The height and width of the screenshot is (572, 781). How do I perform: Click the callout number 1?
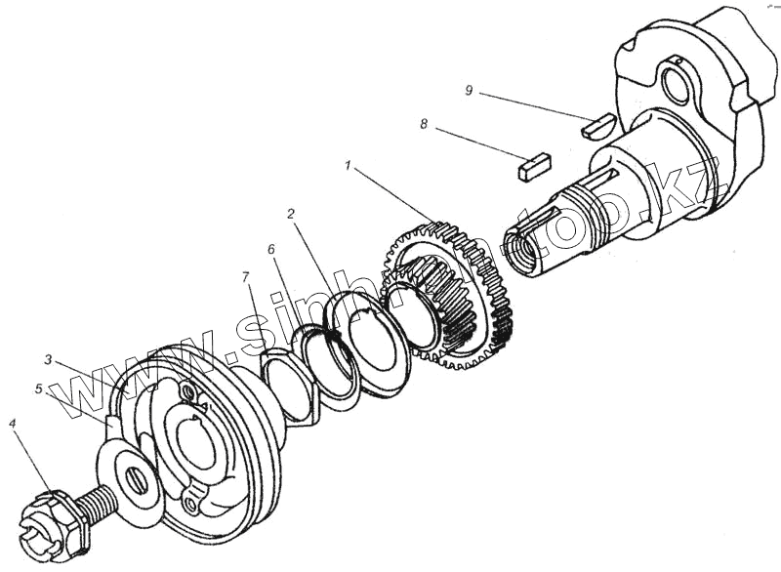(x=348, y=167)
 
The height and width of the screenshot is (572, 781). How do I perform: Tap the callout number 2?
(x=291, y=213)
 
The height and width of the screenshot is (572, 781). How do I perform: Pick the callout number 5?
(x=39, y=388)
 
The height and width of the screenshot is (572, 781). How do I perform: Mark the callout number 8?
(x=424, y=125)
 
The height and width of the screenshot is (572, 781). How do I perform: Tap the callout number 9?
(x=470, y=90)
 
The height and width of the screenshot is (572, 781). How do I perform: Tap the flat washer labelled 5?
(x=133, y=477)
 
